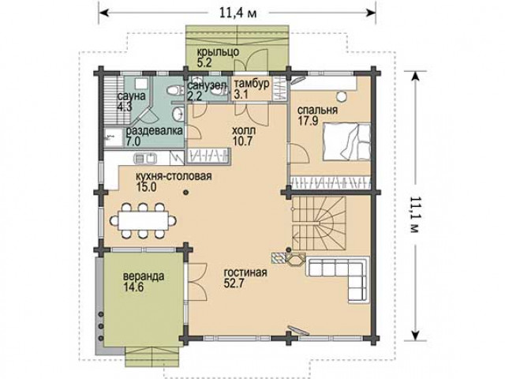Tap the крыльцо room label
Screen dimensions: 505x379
coord(218,52)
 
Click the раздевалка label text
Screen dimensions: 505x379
coord(155,131)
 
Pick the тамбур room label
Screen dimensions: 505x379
coord(252,84)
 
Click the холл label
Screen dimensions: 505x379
coord(244,130)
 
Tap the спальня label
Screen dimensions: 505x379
coord(317,111)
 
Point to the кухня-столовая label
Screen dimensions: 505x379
coord(174,177)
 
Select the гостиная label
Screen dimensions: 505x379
coord(245,272)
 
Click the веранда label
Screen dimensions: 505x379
coord(144,276)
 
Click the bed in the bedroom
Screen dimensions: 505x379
coord(346,141)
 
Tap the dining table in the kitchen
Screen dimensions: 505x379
coord(144,221)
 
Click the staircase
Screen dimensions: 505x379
coord(319,223)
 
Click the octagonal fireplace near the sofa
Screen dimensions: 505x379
coord(294,259)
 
